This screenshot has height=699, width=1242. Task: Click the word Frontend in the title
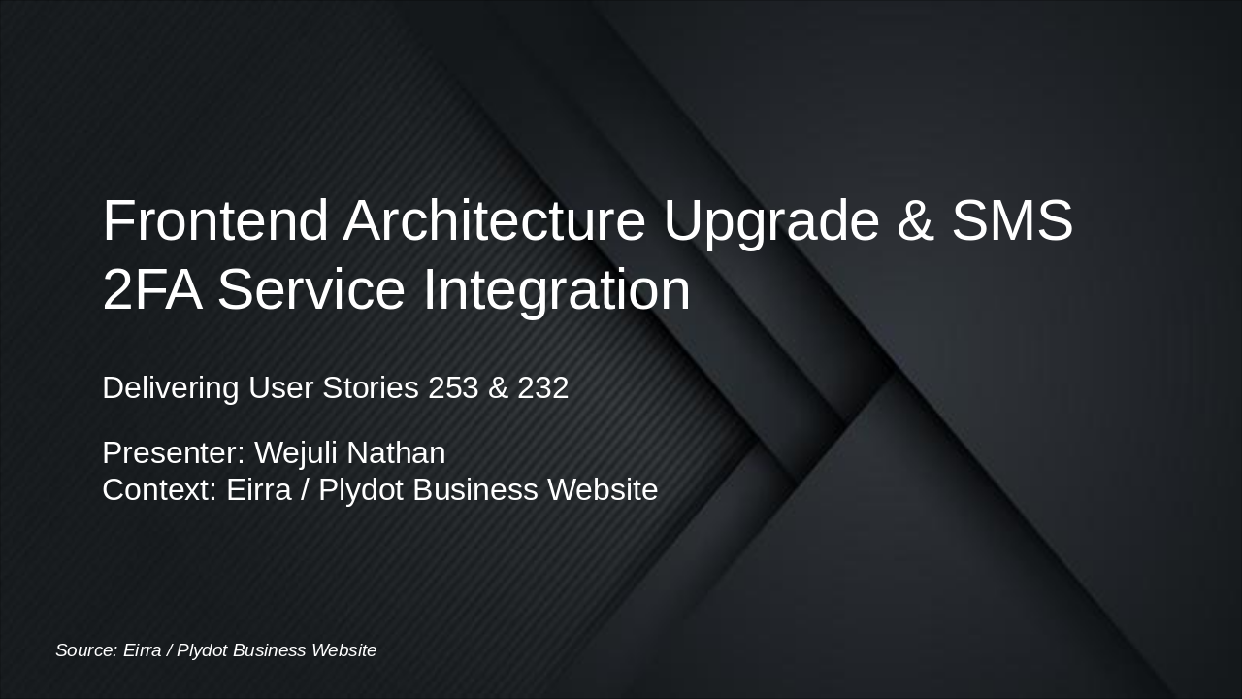tap(214, 220)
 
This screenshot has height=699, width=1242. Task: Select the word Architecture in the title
tap(494, 220)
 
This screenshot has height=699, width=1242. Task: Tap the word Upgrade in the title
tap(770, 220)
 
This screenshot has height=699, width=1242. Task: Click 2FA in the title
tap(151, 289)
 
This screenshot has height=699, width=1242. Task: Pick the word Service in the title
tap(310, 289)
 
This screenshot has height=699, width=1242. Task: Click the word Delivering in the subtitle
tap(171, 387)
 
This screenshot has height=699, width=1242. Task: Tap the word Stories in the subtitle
tap(371, 387)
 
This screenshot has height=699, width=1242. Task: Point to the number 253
tap(453, 387)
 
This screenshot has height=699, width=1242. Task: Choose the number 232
tap(542, 387)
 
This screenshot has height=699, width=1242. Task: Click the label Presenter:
tap(174, 452)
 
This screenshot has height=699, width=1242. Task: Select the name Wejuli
tap(296, 452)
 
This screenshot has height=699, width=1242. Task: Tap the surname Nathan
tap(396, 452)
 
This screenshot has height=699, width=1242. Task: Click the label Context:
tap(159, 489)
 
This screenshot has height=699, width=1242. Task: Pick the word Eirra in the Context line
tap(258, 489)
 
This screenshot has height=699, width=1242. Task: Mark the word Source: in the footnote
tap(85, 650)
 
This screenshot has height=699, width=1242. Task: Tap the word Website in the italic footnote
tap(343, 650)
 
